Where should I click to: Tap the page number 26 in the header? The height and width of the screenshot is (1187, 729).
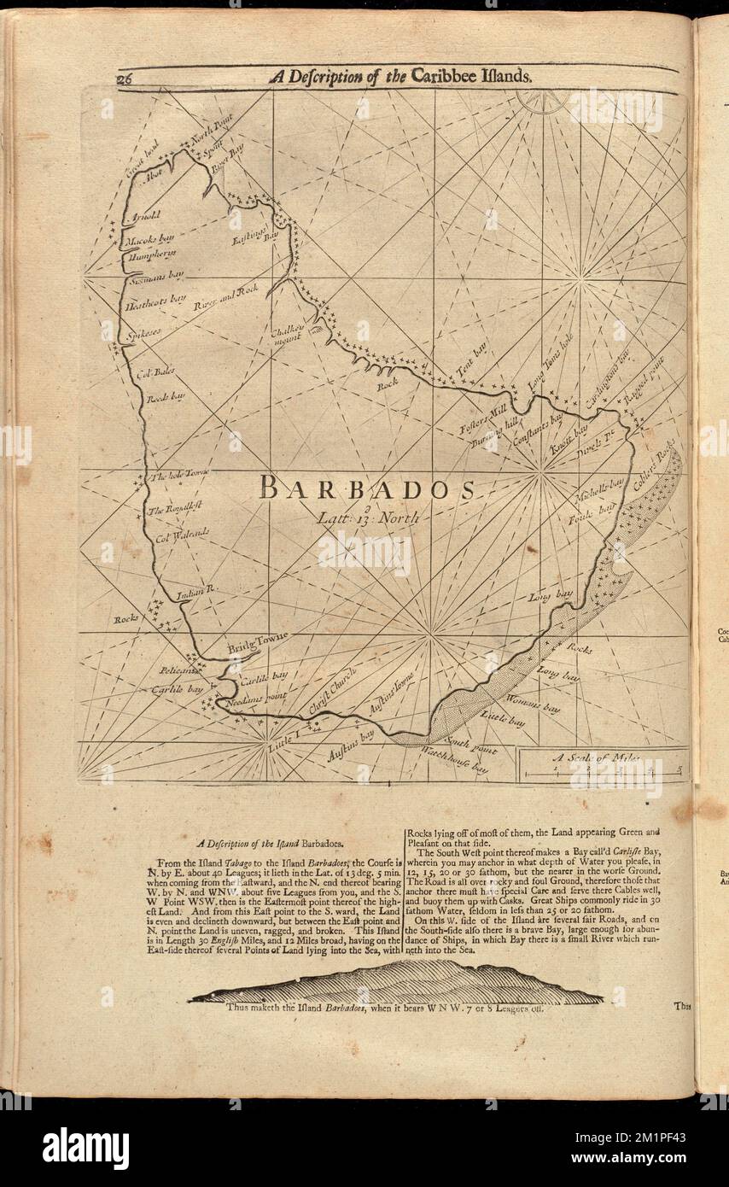tap(125, 77)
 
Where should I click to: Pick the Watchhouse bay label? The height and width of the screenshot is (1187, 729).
tap(456, 761)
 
